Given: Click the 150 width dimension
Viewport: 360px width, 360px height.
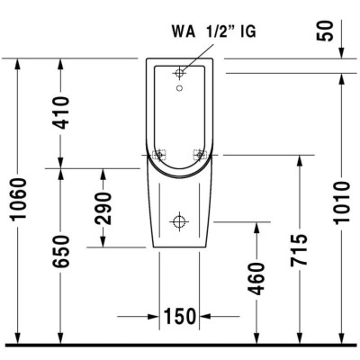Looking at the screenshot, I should click(x=180, y=316).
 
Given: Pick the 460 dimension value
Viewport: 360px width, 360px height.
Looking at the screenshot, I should click(x=257, y=280).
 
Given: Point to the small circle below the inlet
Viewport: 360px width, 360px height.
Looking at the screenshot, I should click(x=180, y=89).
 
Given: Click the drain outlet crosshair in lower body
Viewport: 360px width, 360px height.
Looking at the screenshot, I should click(x=180, y=220).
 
